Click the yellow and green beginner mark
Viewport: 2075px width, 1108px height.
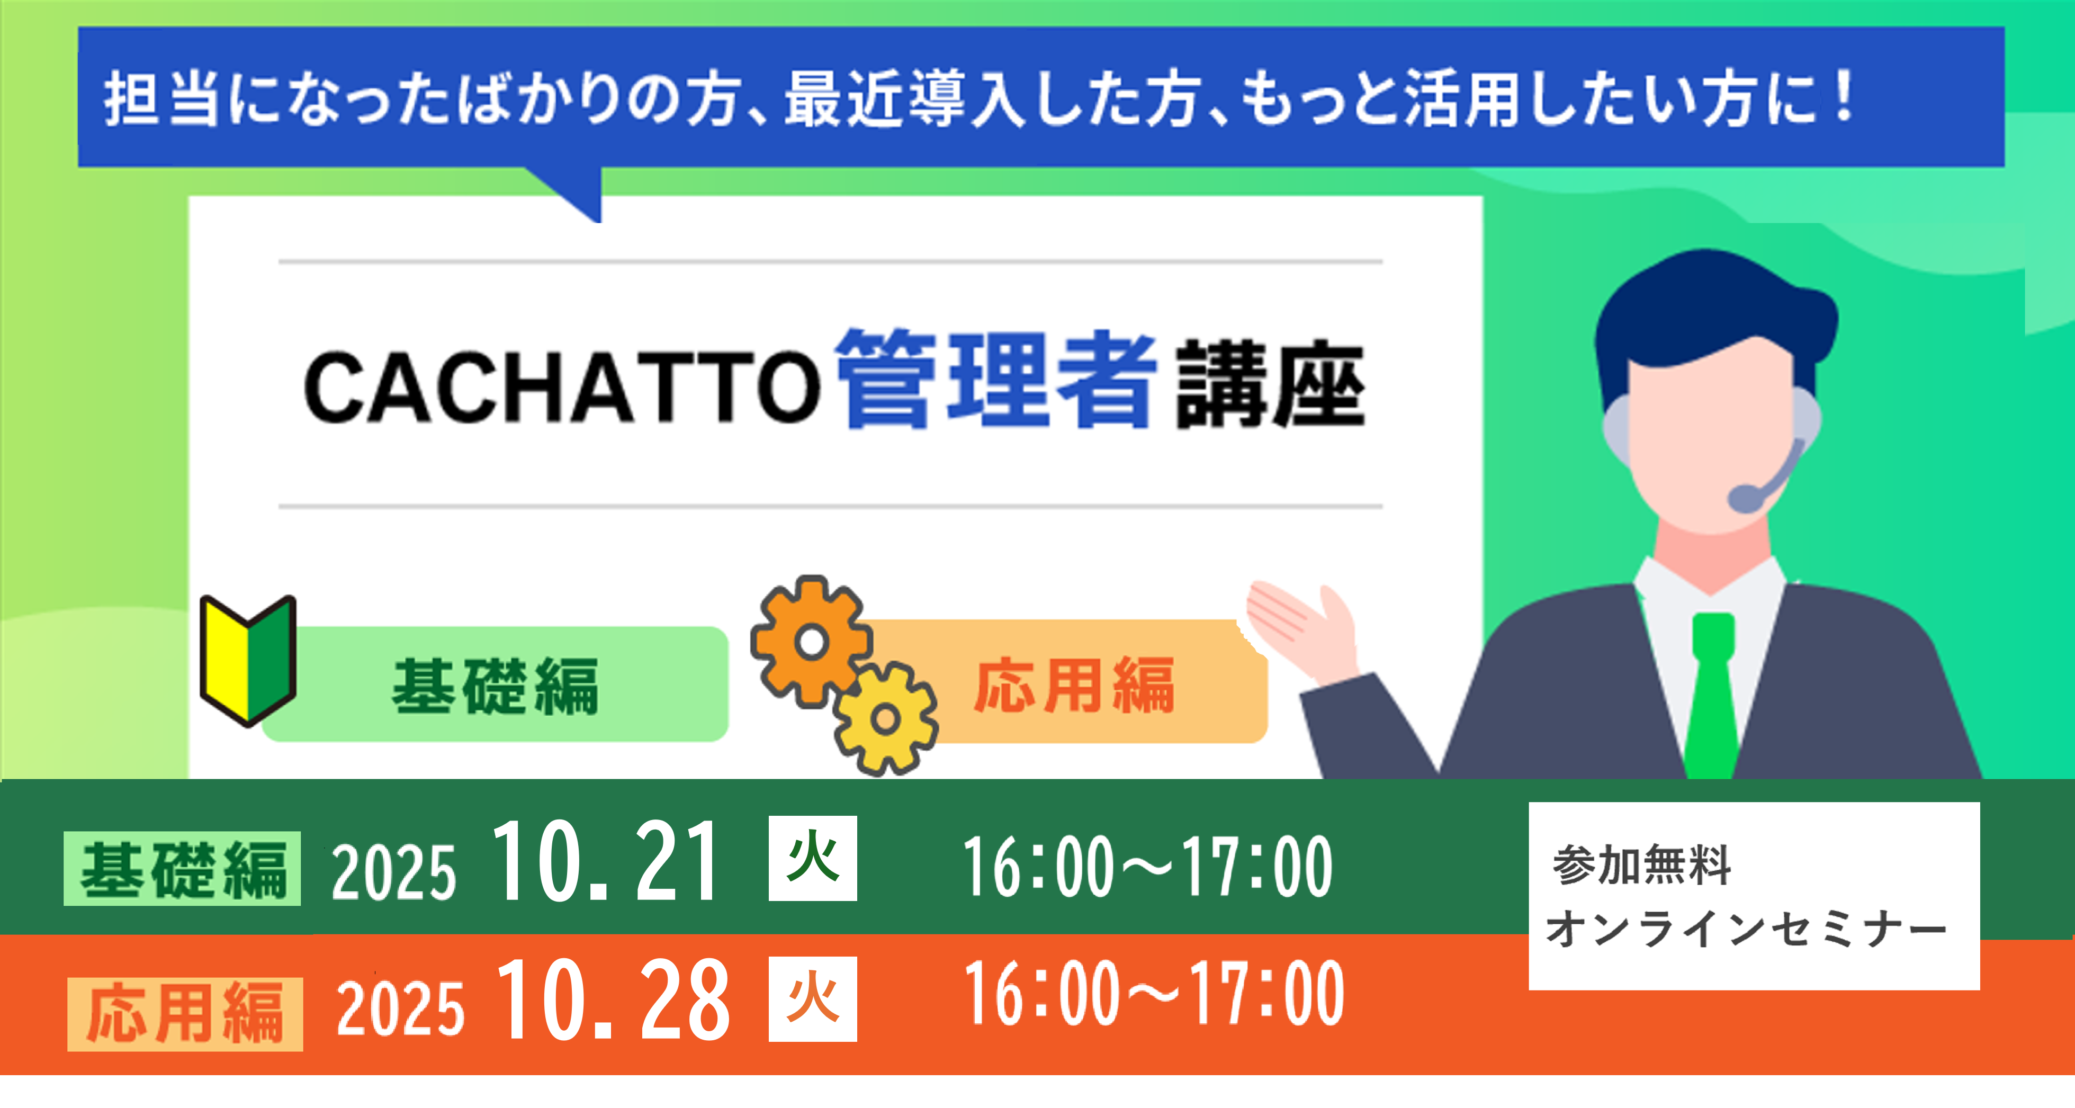coord(248,660)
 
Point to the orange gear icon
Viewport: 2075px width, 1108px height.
coord(811,641)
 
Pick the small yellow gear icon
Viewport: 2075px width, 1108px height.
coord(885,718)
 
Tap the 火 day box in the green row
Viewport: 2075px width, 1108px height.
coord(813,858)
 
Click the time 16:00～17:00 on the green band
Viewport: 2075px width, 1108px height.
coord(1148,867)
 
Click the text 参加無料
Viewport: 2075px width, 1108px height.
coord(1641,866)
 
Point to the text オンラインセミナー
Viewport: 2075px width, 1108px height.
coord(1746,929)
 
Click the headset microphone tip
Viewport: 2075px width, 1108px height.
coord(1745,498)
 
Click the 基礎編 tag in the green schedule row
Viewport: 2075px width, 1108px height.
coord(182,868)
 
